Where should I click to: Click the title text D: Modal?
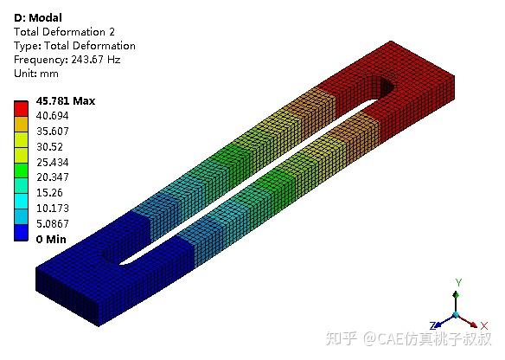38,17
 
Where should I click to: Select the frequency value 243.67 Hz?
96,60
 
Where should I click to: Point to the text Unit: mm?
36,74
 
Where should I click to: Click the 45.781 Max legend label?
66,101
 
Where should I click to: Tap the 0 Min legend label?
51,239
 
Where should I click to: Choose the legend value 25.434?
53,162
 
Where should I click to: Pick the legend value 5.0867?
53,223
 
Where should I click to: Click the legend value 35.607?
53,132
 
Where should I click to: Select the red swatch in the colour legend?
21,109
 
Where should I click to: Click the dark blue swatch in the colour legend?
21,233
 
